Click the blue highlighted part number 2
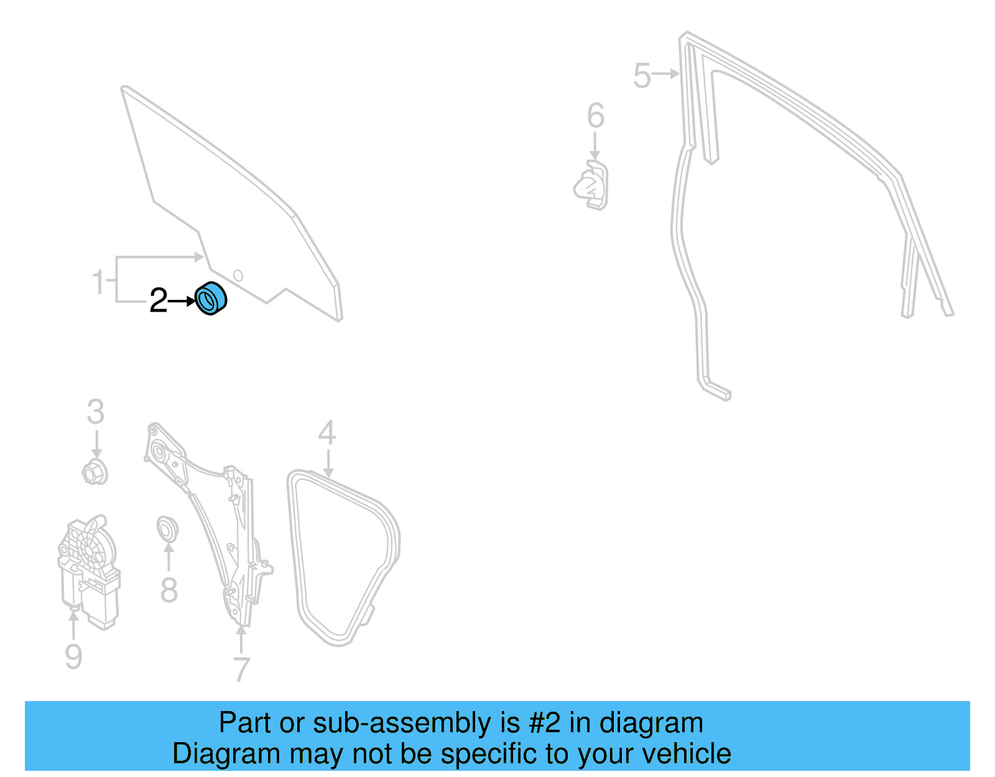pos(211,299)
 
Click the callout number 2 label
pos(159,301)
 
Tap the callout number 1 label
pos(98,282)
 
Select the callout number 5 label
pos(642,76)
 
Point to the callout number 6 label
pos(596,116)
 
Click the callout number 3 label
pos(95,412)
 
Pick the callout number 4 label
pos(327,434)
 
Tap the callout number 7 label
pos(241,669)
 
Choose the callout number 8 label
pos(169,590)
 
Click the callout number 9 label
pos(73,657)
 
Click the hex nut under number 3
pos(95,472)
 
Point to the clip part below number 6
pos(592,185)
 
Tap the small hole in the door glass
pos(238,275)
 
